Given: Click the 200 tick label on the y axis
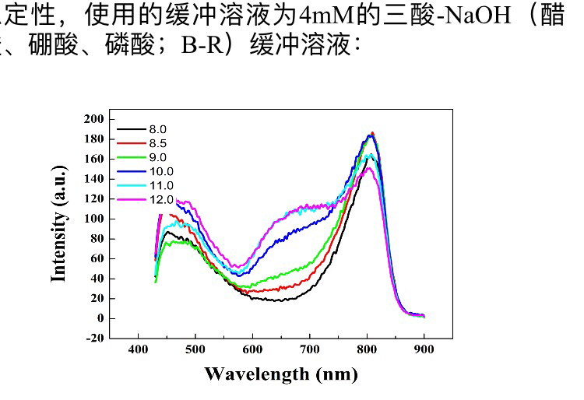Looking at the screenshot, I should pos(93,119).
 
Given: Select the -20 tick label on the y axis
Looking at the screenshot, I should pos(93,338).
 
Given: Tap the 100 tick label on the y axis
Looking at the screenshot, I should pos(93,219).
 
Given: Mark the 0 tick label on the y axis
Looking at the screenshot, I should pos(100,318).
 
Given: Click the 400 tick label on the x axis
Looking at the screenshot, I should pos(139,349).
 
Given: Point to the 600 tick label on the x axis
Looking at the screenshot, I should pos(252,349).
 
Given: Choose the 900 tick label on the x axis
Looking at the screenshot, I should pos(424,349).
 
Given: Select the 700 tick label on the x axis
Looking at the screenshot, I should pos(309,349).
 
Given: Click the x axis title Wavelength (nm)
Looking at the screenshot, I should pos(281,374).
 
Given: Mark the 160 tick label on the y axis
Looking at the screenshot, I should pos(93,159).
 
